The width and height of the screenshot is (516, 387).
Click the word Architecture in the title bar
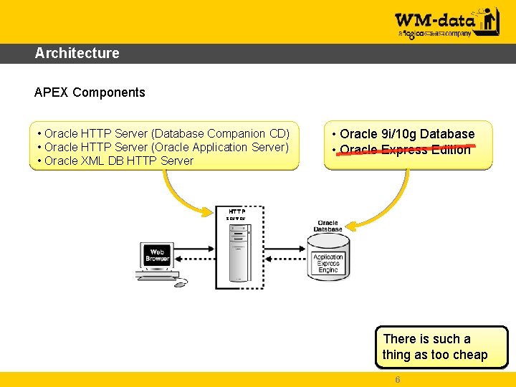77,53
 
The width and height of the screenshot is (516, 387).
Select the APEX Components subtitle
90,92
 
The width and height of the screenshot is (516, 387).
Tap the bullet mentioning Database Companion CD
167,134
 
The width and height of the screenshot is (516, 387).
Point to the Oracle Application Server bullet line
166,148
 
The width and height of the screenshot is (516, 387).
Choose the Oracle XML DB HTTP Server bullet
119,161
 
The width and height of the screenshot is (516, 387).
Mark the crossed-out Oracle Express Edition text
405,150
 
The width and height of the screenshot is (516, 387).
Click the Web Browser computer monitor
157,255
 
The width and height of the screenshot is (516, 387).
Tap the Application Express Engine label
328,264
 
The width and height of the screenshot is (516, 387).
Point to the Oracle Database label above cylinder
328,226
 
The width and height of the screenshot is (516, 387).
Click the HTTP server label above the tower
237,214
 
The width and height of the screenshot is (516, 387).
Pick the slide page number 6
397,380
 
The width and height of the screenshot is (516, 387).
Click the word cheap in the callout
469,355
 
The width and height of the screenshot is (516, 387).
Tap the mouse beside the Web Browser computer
179,283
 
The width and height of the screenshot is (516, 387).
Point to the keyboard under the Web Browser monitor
157,275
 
